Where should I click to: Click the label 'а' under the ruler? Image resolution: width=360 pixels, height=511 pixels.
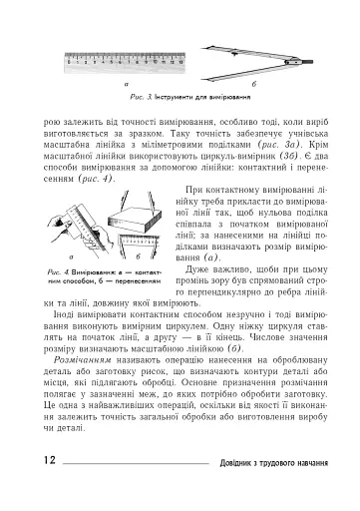pyautogui.click(x=128, y=86)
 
